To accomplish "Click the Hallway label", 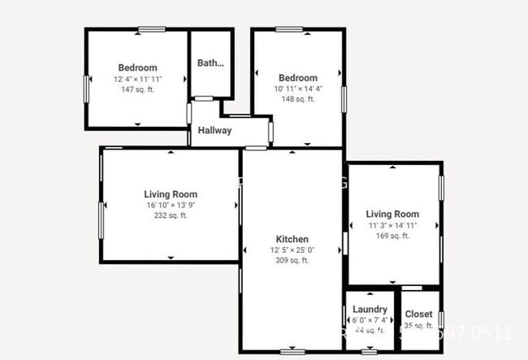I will (x=214, y=130).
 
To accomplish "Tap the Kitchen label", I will (x=292, y=239).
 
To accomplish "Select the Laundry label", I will (x=370, y=310).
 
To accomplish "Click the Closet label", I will (x=418, y=314).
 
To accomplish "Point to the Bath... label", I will (x=210, y=63).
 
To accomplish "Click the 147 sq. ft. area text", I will (x=137, y=89).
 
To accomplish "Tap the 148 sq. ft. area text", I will (x=297, y=100).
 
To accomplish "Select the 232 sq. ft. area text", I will (x=171, y=216).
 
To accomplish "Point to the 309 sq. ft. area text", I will (x=292, y=261).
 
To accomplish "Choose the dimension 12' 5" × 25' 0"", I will (x=292, y=250).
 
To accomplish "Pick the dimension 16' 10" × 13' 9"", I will (x=171, y=206).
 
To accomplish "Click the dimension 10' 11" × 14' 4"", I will (x=297, y=89).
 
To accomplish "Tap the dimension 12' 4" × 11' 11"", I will (x=137, y=79).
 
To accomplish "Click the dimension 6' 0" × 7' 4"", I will (x=370, y=320).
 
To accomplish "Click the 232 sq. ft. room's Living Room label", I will (x=171, y=194).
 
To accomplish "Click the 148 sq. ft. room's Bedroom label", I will (x=297, y=78).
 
